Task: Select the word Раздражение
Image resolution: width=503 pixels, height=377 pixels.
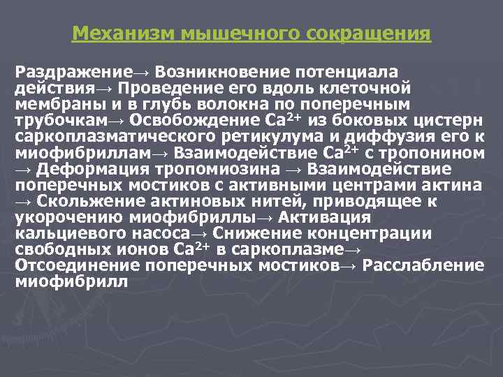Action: (73, 72)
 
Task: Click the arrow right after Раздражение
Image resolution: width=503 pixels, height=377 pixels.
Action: (141, 73)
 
